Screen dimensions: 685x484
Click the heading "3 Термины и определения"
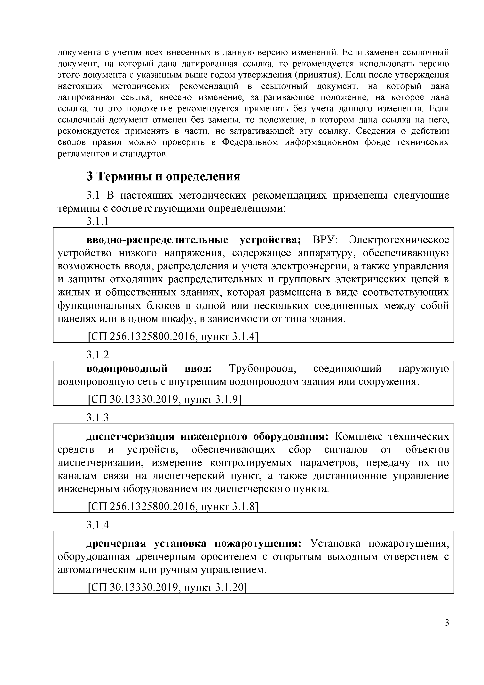(163, 177)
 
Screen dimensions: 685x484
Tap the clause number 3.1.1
(98, 221)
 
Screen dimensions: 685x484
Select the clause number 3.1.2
(98, 355)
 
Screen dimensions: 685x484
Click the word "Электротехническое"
(399, 240)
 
